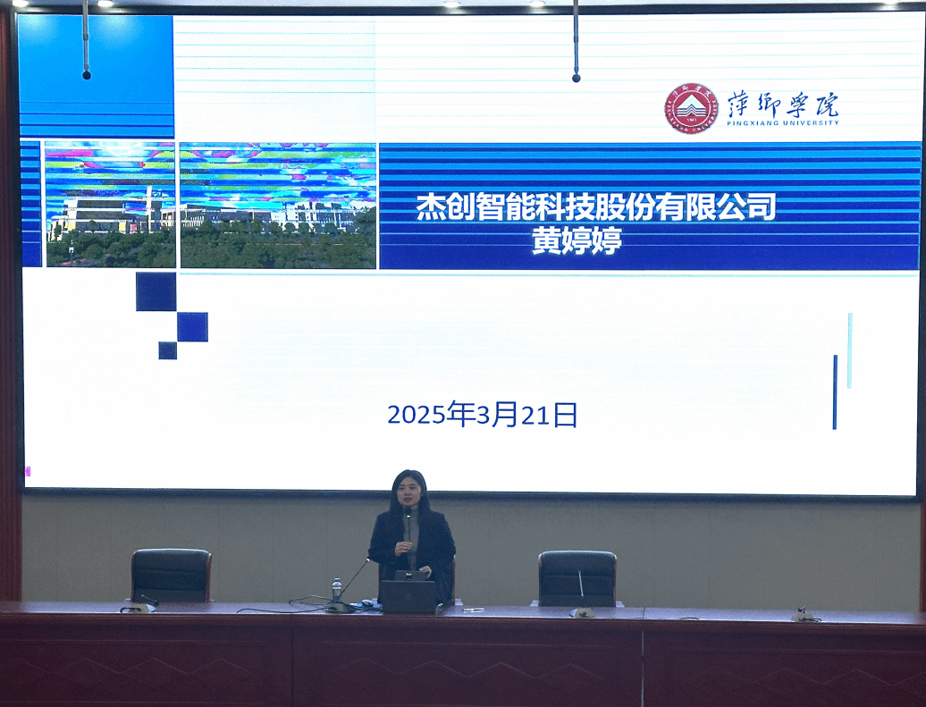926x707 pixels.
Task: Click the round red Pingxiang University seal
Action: pos(690,108)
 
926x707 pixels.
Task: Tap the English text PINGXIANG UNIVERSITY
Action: pos(782,122)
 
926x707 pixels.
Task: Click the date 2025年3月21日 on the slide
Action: pos(482,414)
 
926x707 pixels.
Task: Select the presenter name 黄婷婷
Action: pos(577,241)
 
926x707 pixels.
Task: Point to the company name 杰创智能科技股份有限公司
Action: pos(596,207)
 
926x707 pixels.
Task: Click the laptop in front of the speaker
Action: pos(408,595)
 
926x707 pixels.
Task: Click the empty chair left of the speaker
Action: pos(172,576)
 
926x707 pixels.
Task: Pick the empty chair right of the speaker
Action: pos(577,578)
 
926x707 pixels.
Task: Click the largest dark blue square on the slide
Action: pos(156,291)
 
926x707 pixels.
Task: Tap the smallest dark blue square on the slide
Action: pos(168,350)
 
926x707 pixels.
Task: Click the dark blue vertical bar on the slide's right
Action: pos(835,392)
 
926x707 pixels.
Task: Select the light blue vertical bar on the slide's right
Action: pos(850,350)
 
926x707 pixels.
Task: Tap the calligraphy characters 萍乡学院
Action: pos(782,104)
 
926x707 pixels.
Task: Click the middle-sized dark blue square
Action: pos(192,326)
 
